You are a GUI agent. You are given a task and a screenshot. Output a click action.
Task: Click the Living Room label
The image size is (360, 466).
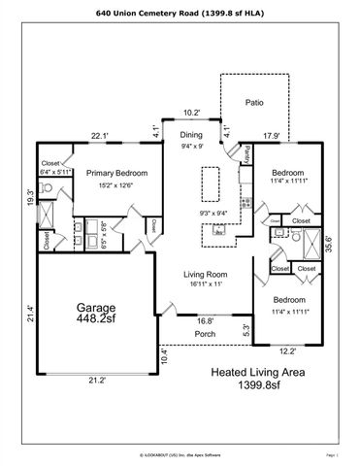click(204, 275)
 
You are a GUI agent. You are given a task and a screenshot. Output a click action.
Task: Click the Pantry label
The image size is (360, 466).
click(248, 153)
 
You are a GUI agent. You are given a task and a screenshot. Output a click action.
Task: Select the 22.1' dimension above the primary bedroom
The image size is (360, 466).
click(99, 136)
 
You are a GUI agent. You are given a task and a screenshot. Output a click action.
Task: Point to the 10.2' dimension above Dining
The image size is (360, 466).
click(192, 112)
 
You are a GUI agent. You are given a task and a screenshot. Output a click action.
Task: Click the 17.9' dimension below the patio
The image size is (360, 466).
click(272, 136)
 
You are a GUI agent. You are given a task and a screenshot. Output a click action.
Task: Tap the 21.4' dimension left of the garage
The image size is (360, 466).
click(31, 312)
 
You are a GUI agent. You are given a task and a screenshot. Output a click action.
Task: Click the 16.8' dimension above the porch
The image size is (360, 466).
click(205, 319)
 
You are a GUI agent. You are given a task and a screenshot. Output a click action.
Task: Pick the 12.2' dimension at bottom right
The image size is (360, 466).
click(287, 351)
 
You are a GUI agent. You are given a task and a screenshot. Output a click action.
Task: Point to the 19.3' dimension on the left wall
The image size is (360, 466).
click(31, 198)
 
